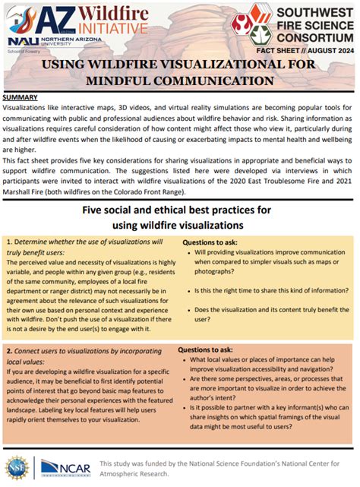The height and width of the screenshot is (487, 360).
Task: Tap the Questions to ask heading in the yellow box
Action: [213, 242]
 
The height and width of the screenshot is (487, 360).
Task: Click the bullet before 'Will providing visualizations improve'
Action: [188, 251]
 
